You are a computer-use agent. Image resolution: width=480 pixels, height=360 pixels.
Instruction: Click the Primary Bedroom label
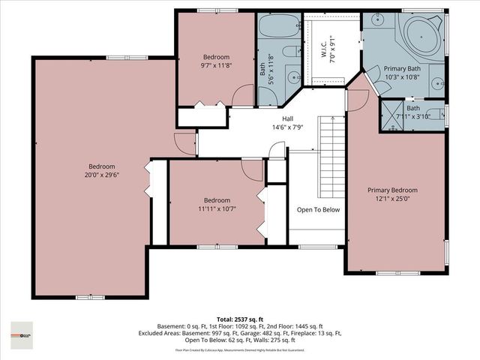pyautogui.click(x=392, y=190)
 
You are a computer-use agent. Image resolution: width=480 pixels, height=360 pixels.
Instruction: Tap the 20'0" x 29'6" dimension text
pyautogui.click(x=102, y=175)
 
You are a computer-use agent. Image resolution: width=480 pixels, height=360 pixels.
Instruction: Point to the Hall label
pyautogui.click(x=287, y=119)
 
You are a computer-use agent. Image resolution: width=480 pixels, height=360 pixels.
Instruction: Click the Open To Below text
pyautogui.click(x=318, y=209)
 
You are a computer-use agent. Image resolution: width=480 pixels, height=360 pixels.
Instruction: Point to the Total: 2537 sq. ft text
pyautogui.click(x=239, y=318)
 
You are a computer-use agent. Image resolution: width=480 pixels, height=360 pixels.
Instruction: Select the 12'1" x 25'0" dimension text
pyautogui.click(x=392, y=199)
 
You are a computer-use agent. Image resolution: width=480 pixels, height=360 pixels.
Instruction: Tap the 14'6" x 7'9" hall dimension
pyautogui.click(x=287, y=128)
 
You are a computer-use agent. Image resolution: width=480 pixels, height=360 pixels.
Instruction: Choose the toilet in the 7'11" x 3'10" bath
pyautogui.click(x=439, y=115)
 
